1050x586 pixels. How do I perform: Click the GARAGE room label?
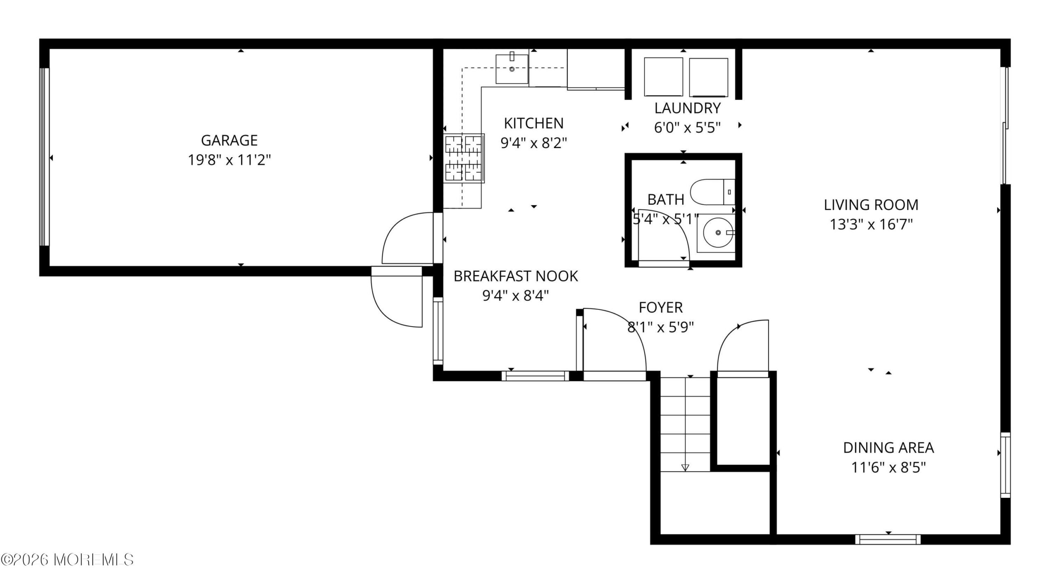229,140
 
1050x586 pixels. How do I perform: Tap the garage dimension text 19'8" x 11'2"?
229,160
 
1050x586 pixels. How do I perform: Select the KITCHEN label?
534,123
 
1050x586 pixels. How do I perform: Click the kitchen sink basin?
512,69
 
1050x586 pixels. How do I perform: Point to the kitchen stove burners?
464,158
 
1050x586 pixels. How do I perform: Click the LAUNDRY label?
687,108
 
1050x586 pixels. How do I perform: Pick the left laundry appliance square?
664,77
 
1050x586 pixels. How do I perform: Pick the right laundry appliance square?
709,77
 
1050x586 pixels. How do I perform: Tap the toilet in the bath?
713,192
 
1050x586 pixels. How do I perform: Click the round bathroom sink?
718,233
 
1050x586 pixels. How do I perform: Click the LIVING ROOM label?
871,205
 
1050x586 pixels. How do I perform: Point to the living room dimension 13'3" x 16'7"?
871,224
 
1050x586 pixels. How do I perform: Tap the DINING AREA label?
888,448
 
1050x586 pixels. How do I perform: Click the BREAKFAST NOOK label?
516,276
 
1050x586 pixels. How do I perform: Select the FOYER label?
660,307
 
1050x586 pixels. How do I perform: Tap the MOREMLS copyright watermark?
67,559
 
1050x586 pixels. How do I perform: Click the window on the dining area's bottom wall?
888,539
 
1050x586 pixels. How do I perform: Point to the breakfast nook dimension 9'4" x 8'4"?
516,295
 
